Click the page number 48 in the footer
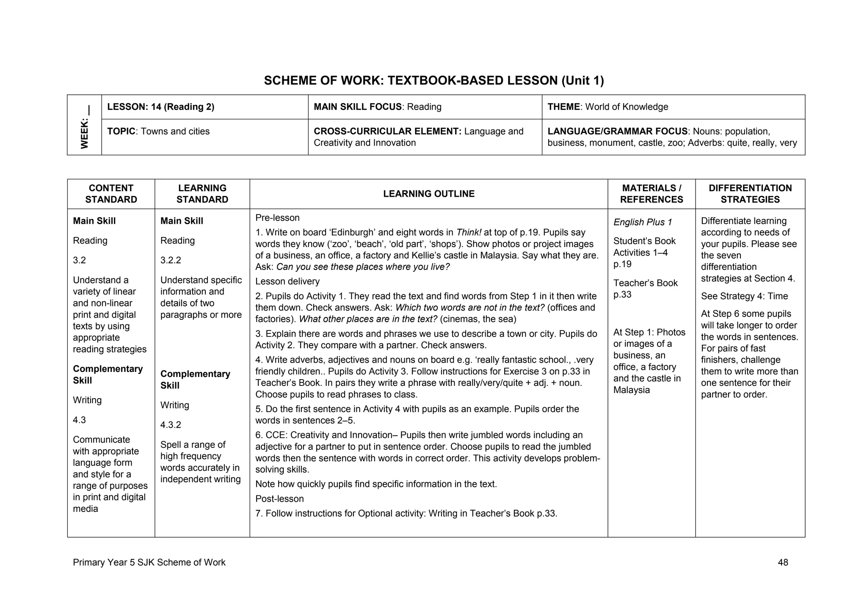point(782,562)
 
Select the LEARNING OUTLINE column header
point(428,194)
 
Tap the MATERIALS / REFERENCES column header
point(651,194)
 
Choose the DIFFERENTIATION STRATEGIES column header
point(750,194)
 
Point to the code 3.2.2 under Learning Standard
point(171,260)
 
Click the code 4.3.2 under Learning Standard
point(171,425)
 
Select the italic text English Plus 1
point(642,222)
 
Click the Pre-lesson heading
point(277,218)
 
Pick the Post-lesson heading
point(279,499)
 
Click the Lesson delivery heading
point(287,281)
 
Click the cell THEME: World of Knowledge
point(607,107)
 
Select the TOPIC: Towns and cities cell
point(158,132)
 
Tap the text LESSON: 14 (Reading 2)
point(160,107)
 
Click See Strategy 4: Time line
point(744,296)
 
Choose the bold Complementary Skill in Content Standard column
point(108,374)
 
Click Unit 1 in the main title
point(583,80)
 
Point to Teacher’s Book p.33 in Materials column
point(645,289)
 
